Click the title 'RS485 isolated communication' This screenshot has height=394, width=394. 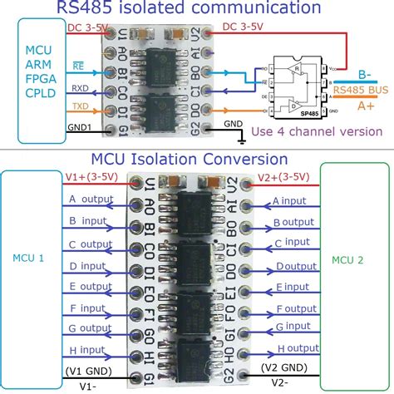[188, 8]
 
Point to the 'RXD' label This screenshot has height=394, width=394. [81, 86]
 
